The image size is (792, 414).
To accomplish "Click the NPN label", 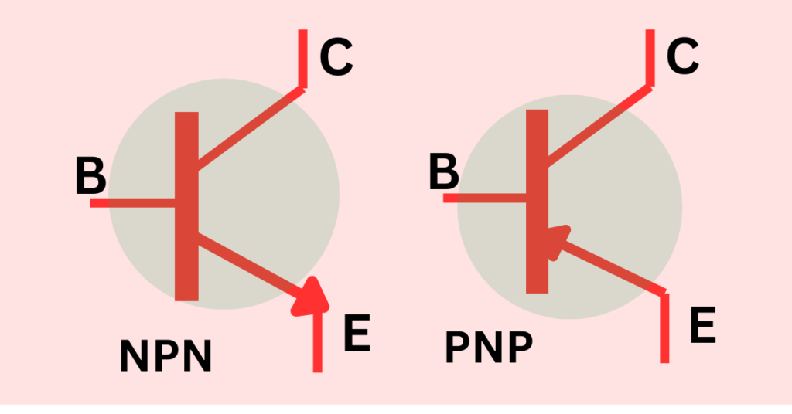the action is click(x=166, y=355).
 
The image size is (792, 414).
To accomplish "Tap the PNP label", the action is click(x=489, y=347).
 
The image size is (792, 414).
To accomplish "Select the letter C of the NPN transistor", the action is click(x=336, y=58).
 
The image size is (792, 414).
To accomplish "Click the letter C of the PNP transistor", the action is click(x=682, y=56).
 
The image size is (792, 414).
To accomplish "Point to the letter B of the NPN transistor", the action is click(x=91, y=175).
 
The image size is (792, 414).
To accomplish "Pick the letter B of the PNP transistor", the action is click(x=444, y=172).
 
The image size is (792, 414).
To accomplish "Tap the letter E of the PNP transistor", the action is click(x=703, y=324).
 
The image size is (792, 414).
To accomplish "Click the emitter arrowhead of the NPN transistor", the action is click(x=312, y=298).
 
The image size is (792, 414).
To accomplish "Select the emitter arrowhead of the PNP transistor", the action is click(x=558, y=242).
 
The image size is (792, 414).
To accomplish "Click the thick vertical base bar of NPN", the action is click(x=186, y=206).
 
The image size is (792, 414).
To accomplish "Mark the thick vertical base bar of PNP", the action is click(x=537, y=201).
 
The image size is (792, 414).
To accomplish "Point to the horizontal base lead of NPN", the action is click(x=132, y=202).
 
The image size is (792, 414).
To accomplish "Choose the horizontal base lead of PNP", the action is click(x=485, y=198).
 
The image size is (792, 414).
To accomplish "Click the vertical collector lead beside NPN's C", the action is click(x=303, y=59).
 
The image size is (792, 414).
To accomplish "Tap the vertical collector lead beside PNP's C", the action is click(x=650, y=57).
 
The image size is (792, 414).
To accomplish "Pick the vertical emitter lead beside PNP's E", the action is click(x=664, y=327).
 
